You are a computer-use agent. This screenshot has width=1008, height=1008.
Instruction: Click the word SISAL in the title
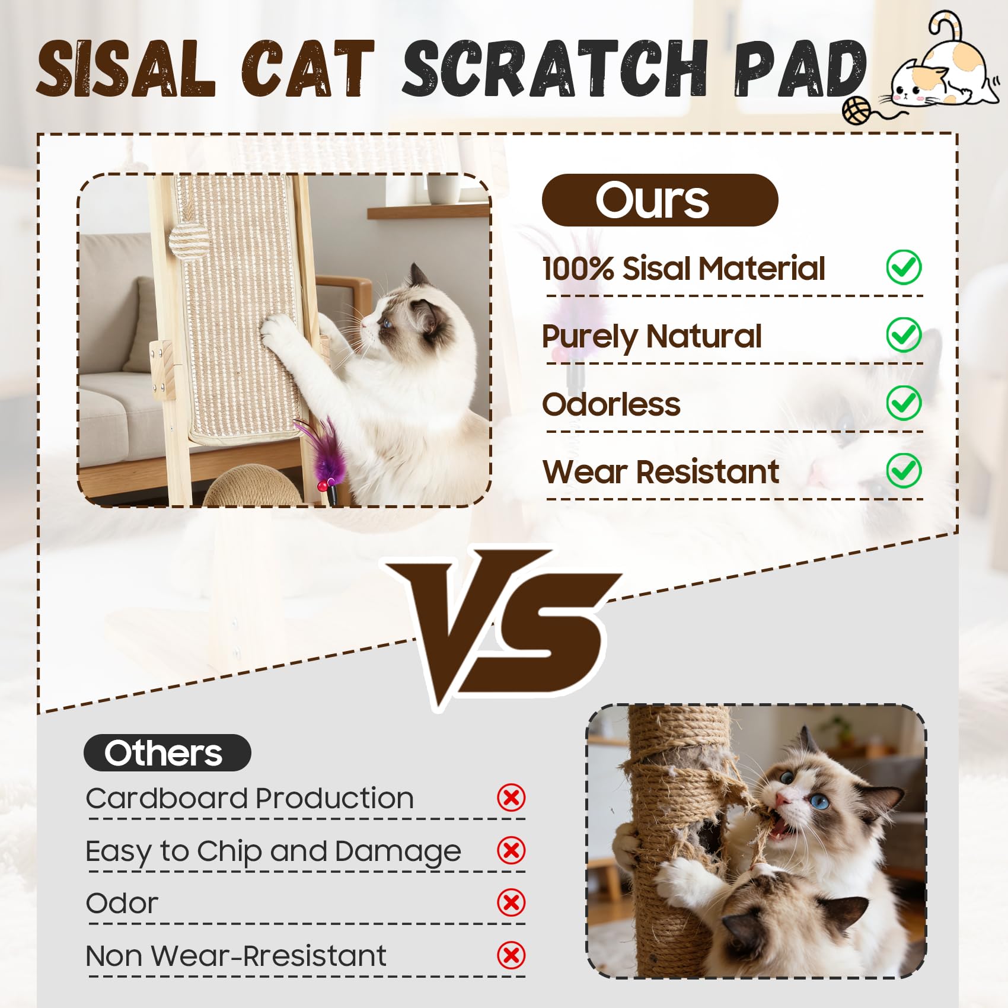pos(126,69)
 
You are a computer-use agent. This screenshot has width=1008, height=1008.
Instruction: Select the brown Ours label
pos(659,200)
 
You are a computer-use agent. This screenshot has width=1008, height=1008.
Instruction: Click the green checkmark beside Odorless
pos(904,403)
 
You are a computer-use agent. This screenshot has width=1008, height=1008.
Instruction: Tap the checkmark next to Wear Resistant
pos(904,470)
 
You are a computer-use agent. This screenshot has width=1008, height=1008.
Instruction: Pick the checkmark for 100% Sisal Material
pos(904,267)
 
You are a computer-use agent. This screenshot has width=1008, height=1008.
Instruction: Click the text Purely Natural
pos(651,337)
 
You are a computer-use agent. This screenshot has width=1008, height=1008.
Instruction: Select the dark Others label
pos(167,752)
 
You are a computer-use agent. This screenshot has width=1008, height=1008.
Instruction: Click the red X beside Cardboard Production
pos(511,798)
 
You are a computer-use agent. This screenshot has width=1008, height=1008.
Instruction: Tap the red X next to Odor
pos(511,902)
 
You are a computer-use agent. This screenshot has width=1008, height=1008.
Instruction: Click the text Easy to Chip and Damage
pos(273,852)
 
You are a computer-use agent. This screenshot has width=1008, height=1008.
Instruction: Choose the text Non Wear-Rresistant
pos(236,956)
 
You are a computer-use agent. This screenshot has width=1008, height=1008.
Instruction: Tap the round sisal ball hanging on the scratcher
pos(189,240)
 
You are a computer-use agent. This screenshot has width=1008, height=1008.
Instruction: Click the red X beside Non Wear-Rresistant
pos(511,955)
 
